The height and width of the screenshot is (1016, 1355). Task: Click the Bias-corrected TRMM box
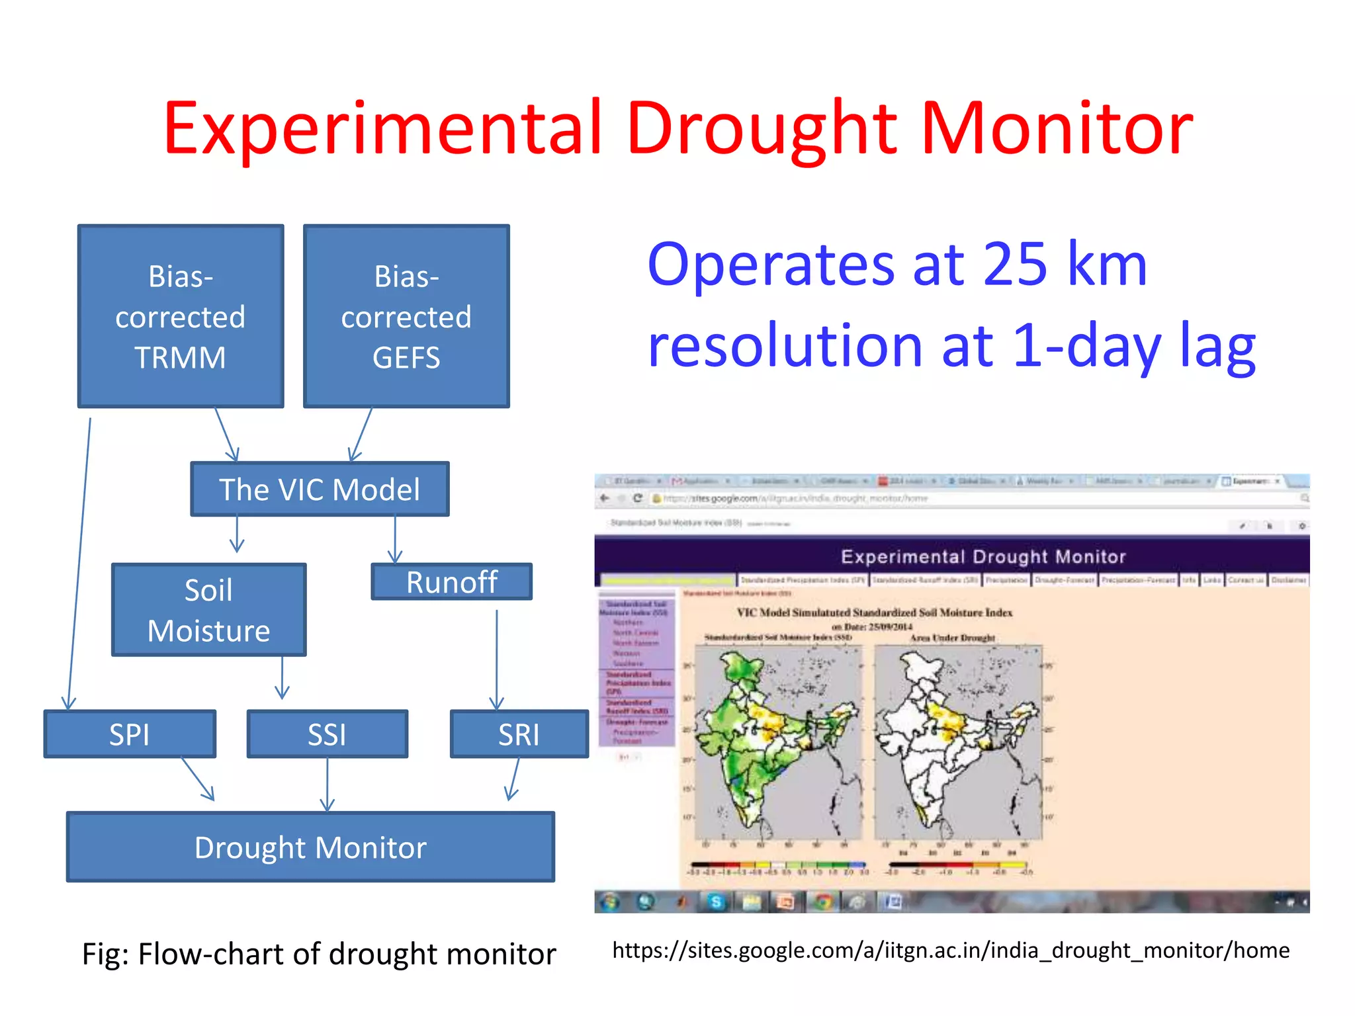(180, 316)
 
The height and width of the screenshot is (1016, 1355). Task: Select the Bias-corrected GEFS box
(406, 316)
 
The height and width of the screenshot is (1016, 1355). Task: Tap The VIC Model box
(320, 489)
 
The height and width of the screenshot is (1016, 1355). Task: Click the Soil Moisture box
(208, 610)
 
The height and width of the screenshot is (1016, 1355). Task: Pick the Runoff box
(451, 582)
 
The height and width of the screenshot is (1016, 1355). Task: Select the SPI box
(130, 734)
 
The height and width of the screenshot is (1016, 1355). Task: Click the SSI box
(327, 734)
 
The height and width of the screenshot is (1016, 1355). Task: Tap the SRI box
(519, 734)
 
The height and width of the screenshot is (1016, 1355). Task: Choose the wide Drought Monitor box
(310, 847)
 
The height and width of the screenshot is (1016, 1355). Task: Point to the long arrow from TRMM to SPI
(79, 562)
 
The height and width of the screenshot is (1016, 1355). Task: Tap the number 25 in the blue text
(1015, 265)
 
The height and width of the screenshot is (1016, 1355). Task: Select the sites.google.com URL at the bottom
(951, 951)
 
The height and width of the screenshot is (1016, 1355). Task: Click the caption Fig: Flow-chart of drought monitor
(319, 954)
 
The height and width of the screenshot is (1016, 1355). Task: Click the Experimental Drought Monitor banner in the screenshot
(983, 557)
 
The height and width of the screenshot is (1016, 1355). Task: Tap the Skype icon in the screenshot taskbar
(716, 902)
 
